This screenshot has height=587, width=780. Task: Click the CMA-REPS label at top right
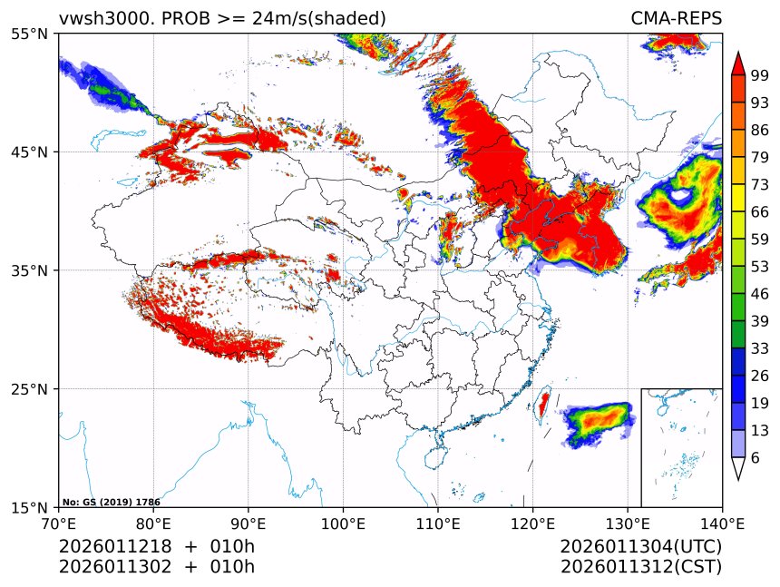click(x=676, y=18)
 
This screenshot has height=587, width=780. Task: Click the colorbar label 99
click(x=760, y=75)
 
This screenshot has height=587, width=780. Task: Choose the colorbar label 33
click(x=760, y=348)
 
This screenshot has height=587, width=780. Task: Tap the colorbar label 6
click(x=755, y=458)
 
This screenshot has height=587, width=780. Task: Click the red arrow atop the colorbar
click(x=738, y=64)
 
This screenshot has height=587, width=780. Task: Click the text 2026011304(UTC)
click(x=641, y=547)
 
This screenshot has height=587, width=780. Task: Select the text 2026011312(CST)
click(x=641, y=567)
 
